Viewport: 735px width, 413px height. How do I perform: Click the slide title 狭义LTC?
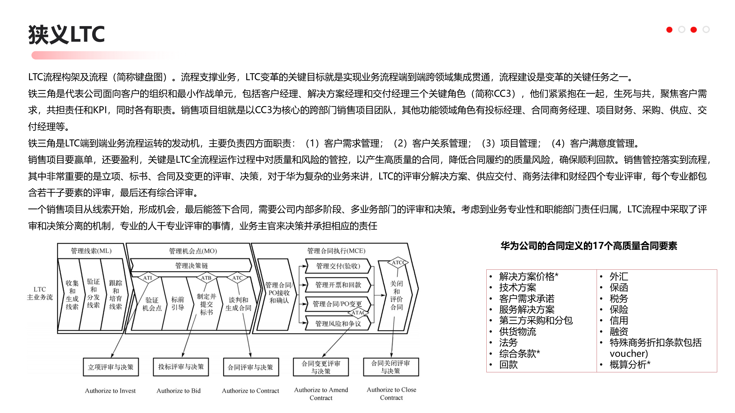coord(67,34)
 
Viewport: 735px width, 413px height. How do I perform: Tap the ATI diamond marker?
coord(148,278)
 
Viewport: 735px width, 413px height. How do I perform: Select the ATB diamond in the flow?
coord(206,278)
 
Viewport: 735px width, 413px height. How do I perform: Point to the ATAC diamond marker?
coord(358,312)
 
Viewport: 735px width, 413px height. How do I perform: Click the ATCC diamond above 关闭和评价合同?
coord(398,262)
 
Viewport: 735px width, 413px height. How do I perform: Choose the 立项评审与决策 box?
coord(111,367)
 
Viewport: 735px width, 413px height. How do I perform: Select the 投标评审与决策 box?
coord(181,367)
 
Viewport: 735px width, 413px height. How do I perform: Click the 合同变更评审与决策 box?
coord(321,367)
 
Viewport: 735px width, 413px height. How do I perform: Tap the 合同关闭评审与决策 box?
coord(391,367)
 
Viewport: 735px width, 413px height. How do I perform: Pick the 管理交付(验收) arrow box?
coord(338,266)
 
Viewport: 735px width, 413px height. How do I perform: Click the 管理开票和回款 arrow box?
coord(338,285)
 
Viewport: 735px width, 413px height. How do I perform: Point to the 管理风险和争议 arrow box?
coord(338,324)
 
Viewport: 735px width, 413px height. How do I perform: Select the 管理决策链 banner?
coord(192,265)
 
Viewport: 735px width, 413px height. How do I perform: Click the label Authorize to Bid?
coord(179,390)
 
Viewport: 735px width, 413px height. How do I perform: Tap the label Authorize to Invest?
coord(110,390)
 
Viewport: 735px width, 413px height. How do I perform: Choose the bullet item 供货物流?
coord(517,332)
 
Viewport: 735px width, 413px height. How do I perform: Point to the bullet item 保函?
coord(619,287)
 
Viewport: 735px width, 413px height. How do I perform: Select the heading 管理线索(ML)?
coord(91,251)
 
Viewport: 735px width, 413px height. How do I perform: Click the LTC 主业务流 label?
coord(40,293)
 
